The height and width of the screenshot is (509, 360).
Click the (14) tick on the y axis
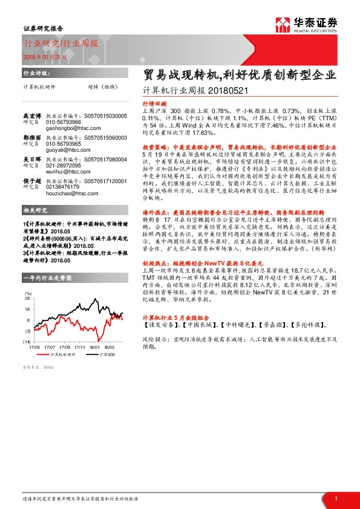27,342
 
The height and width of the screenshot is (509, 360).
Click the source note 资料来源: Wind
38,367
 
